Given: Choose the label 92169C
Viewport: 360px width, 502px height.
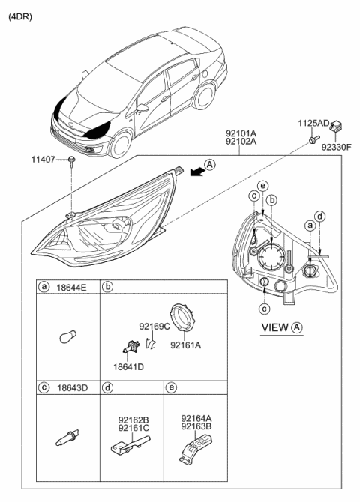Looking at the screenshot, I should (x=154, y=327).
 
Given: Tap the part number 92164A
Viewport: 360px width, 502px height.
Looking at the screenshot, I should (x=196, y=420).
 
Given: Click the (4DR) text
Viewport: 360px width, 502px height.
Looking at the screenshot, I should (x=20, y=15).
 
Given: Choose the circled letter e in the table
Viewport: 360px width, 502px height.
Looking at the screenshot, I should (x=171, y=387).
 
